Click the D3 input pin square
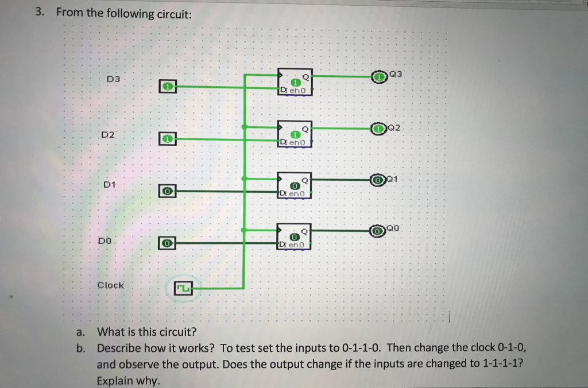(167, 86)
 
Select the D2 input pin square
(167, 138)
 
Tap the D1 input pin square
(167, 191)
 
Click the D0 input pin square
(167, 243)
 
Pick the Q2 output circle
(378, 129)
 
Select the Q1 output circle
(377, 181)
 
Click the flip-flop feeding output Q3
(295, 82)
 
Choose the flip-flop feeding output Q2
(295, 134)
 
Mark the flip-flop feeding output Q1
(295, 185)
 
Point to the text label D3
(113, 78)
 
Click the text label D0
(104, 242)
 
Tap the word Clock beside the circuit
(111, 285)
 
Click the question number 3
(38, 13)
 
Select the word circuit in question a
(176, 332)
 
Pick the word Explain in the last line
(115, 380)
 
